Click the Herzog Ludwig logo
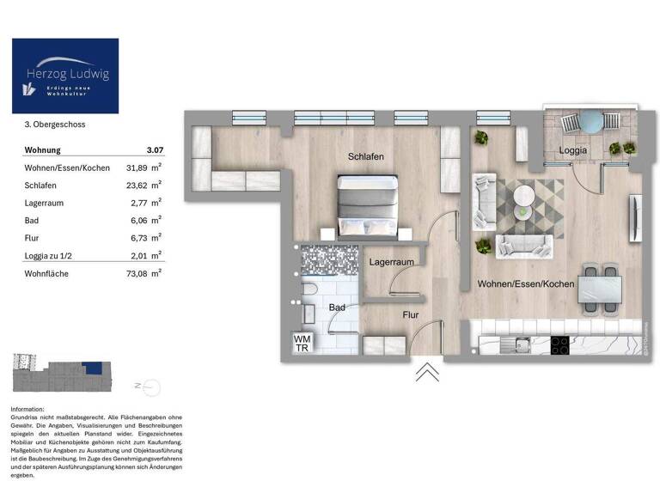pos(65,76)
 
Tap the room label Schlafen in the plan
pos(365,156)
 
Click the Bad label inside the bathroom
pos(338,307)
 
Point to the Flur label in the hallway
pos(410,315)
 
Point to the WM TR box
pos(302,343)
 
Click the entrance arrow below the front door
pos(427,371)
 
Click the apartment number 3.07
pos(154,150)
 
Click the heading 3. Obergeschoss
pos(55,125)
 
